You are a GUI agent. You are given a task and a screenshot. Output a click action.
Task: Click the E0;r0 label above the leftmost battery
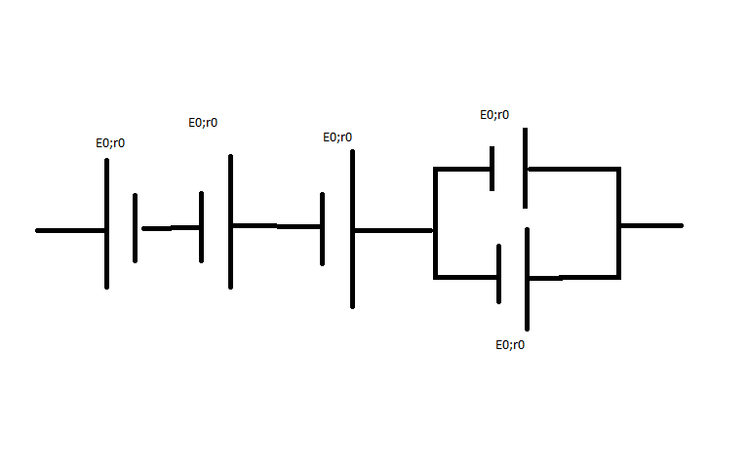[x=109, y=143]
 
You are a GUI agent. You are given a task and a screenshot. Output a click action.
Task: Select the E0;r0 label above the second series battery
[x=203, y=123]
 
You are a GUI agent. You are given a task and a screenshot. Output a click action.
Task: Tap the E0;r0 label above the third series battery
[x=337, y=137]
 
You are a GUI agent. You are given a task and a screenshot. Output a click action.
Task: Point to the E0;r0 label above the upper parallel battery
[x=493, y=115]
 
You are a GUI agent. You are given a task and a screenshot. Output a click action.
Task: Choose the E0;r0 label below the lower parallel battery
[x=510, y=345]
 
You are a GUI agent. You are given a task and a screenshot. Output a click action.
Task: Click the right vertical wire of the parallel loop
[x=618, y=223]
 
